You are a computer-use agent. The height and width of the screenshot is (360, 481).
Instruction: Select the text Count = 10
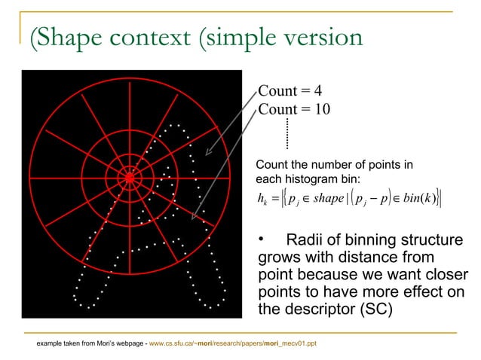click(294, 110)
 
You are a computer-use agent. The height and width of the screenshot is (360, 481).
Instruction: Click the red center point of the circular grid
click(130, 178)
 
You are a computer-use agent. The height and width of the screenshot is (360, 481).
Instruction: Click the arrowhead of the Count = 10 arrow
click(194, 218)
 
